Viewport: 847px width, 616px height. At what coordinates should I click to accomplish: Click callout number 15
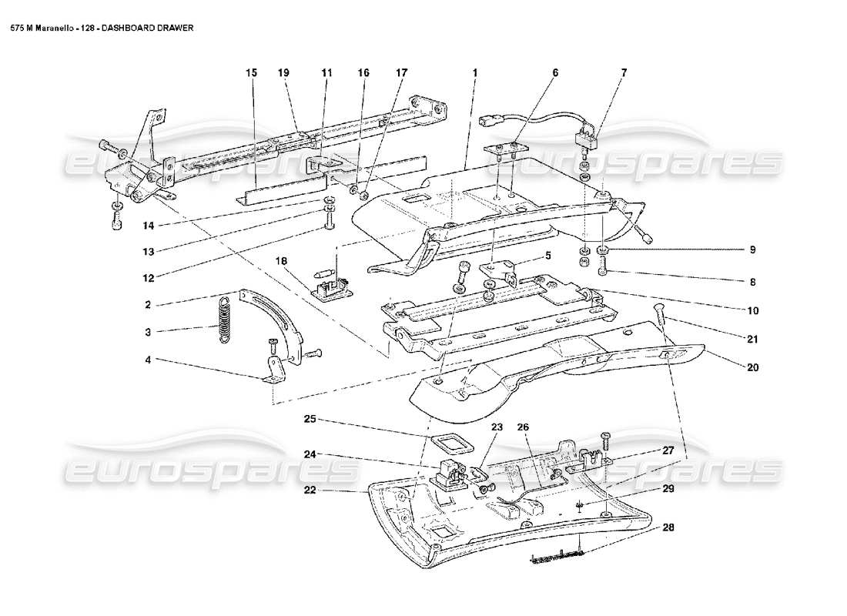pyautogui.click(x=251, y=72)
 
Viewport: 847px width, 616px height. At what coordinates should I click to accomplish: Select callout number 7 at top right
pyautogui.click(x=624, y=72)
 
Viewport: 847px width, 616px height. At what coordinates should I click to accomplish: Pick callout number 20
pyautogui.click(x=752, y=367)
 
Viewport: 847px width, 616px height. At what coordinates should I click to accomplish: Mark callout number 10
pyautogui.click(x=752, y=311)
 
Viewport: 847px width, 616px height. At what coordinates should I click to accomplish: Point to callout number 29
pyautogui.click(x=668, y=490)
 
